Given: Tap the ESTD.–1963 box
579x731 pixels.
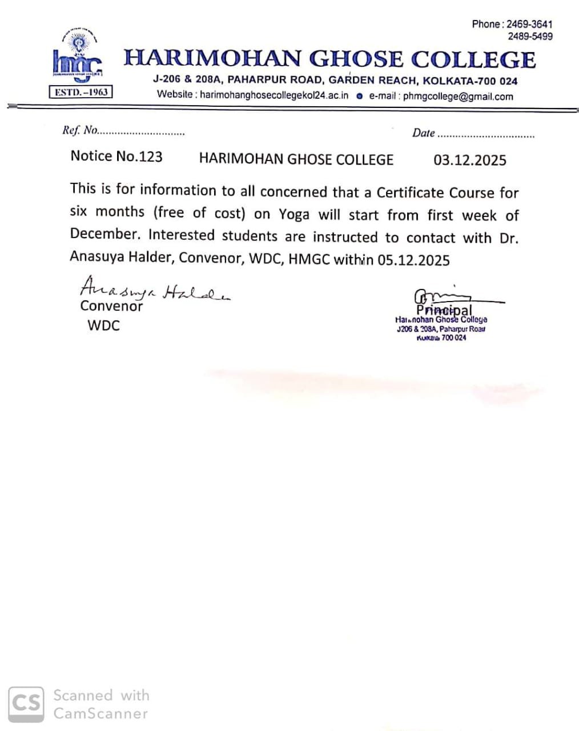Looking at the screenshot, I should click(81, 92).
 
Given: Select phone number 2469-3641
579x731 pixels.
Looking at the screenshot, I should click(529, 24).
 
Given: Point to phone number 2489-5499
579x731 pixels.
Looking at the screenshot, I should click(530, 36).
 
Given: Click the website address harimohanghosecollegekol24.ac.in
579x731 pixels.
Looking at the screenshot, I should click(274, 95).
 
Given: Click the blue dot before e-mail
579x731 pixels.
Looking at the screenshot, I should click(359, 96).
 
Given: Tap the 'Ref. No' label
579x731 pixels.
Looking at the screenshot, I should click(80, 130).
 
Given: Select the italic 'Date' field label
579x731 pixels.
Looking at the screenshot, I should click(423, 133).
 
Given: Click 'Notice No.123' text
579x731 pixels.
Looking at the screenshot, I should click(116, 156).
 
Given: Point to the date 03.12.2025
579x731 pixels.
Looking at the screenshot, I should click(469, 160).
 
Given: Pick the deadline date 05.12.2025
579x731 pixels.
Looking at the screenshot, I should click(413, 260).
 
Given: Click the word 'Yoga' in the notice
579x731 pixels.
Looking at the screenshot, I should click(294, 215).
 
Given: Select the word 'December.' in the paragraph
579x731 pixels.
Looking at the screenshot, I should click(104, 234).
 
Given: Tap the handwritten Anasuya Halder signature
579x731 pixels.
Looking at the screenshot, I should click(154, 290).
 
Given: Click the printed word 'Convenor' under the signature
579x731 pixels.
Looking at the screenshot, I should click(111, 306).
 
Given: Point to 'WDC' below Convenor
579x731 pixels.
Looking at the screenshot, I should click(103, 326).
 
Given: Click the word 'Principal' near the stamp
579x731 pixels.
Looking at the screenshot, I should click(444, 310).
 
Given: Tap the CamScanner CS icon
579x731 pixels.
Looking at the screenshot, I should click(26, 704).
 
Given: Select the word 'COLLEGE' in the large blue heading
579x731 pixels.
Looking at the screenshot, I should click(473, 59).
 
